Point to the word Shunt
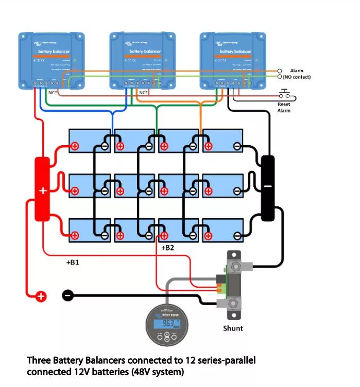(233, 328)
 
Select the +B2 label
(168, 248)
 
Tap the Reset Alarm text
(284, 107)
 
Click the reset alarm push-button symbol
(284, 94)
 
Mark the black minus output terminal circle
(67, 295)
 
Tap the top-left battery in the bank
(91, 140)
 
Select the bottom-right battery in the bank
(222, 230)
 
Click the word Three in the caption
(38, 360)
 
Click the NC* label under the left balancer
(52, 92)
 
